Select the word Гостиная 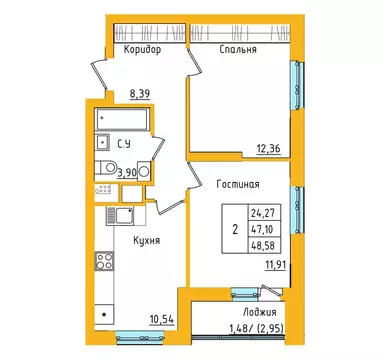pos(238,184)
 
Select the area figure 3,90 pos(128,171)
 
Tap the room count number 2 pos(234,229)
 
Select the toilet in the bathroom pos(144,171)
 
